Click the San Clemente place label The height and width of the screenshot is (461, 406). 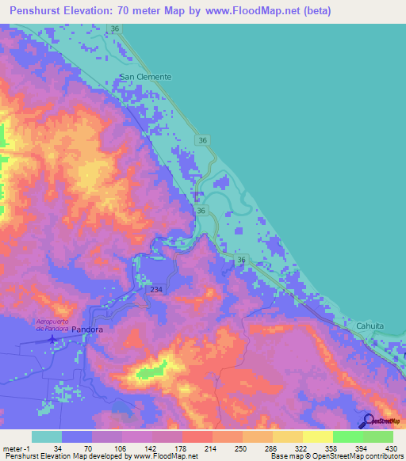145,77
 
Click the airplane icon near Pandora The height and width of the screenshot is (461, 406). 52,339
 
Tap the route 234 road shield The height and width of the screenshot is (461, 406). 156,291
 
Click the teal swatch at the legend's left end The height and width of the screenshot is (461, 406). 47,436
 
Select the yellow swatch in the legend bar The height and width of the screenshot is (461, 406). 317,436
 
